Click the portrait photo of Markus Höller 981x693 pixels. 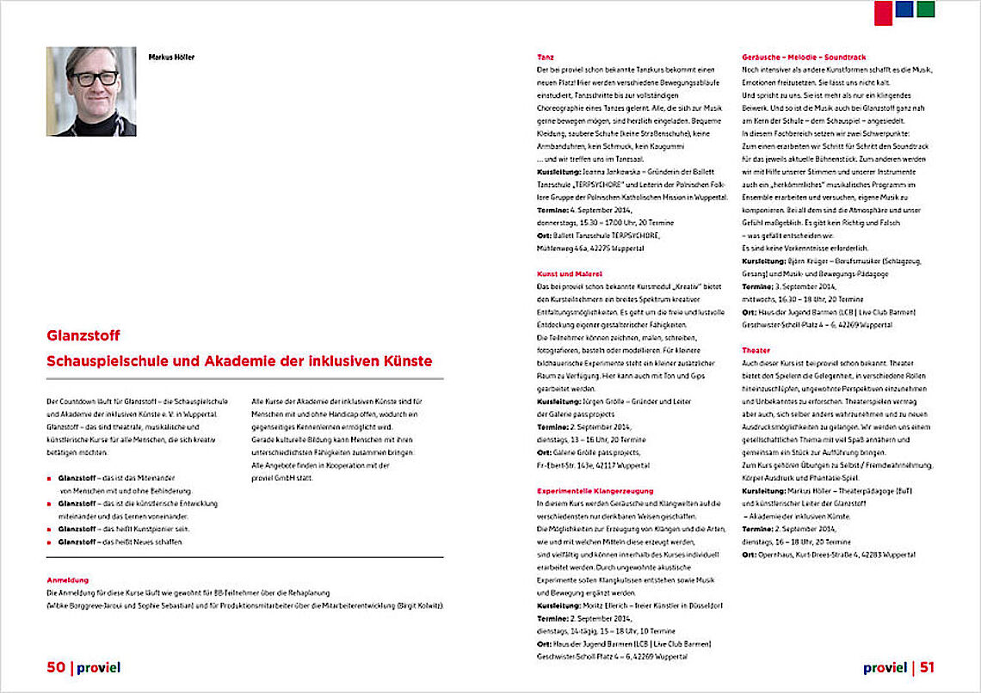pos(91,91)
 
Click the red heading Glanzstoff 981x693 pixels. pos(83,336)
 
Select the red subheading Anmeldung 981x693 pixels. pos(68,580)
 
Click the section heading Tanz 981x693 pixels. pos(546,57)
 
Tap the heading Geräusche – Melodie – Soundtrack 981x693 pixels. pos(803,57)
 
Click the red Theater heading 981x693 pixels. pos(756,350)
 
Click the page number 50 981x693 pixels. pos(56,666)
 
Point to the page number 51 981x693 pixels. pos(927,666)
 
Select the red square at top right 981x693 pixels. pos(883,12)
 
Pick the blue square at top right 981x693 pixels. pos(904,9)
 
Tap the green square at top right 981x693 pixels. pos(925,9)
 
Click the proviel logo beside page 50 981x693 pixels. pos(98,666)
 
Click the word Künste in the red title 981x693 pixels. pos(406,362)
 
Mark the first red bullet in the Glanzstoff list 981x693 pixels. pos(50,477)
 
